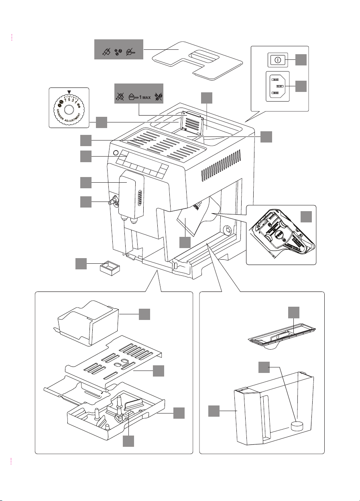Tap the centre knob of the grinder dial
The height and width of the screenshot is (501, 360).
(69, 110)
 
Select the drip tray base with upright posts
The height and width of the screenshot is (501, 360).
(116, 417)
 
